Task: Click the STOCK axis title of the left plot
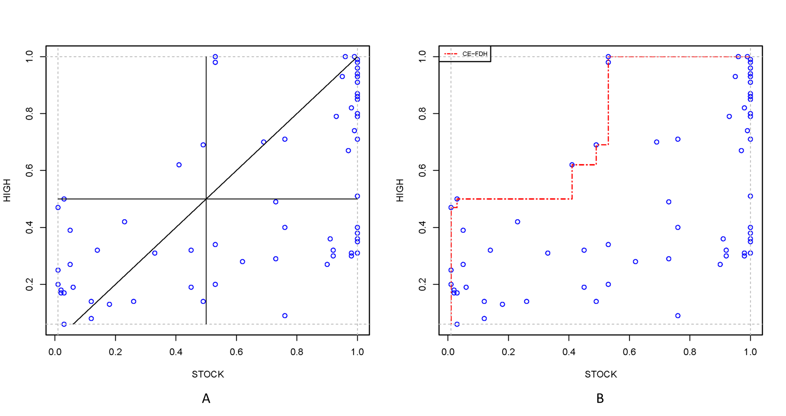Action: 208,374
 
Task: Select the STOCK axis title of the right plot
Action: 601,374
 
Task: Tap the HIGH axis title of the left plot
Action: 7,190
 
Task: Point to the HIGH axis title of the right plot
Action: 400,190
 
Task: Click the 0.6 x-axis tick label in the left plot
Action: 236,352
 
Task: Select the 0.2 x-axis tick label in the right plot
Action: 508,352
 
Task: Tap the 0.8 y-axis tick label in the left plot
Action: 29,114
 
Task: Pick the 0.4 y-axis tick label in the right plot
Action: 422,228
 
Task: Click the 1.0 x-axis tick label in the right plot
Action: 750,352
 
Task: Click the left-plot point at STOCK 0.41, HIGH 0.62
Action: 179,165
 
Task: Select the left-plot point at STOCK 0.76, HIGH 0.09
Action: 285,316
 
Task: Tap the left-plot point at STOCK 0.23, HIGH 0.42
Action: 125,222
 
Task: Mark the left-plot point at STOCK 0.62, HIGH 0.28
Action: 242,262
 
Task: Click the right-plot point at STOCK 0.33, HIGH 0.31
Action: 548,253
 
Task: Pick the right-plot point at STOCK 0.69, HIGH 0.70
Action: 657,142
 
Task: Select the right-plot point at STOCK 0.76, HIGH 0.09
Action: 678,316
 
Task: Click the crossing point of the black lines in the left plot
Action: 206,199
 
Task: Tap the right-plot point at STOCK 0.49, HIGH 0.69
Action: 596,145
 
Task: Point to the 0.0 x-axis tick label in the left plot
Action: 55,352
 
